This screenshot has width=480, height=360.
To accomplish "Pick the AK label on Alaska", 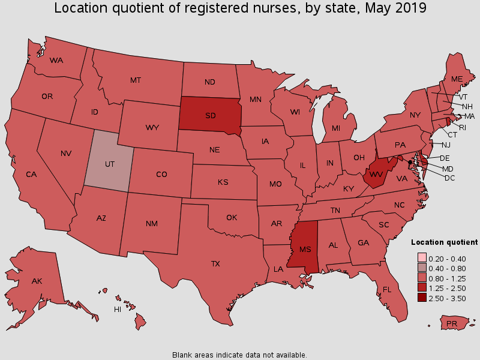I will point(37,281).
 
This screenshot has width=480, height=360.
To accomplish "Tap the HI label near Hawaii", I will point(118,310).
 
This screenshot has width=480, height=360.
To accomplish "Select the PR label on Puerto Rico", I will point(453,325).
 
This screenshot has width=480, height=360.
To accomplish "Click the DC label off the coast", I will point(449,178).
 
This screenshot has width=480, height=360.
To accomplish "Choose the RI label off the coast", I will point(461,127).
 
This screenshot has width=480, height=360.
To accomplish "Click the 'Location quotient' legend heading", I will point(444,242).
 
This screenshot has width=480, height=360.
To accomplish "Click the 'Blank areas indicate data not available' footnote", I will point(239,355).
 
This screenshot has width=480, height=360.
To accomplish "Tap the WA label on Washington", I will point(56,60).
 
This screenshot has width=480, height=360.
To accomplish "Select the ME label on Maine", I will point(457,79).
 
